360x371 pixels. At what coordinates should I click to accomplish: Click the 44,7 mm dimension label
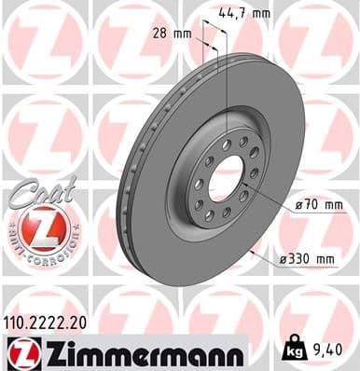tap(245, 12)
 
